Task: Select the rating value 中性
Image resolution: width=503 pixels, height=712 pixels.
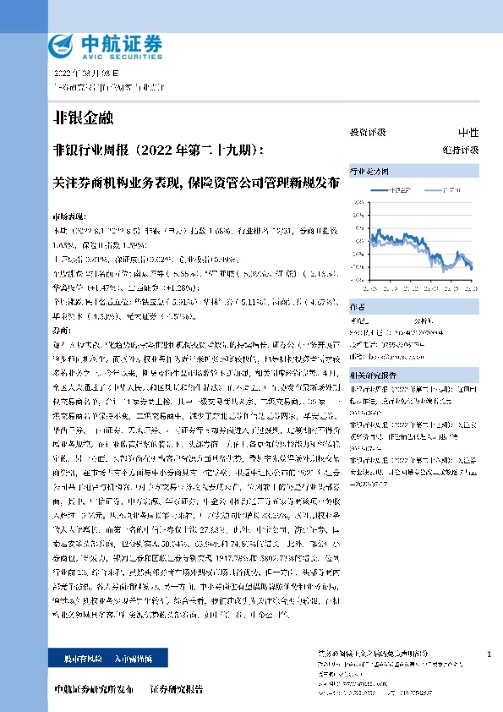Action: click(x=467, y=133)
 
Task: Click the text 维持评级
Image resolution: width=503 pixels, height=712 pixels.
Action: click(x=464, y=150)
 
